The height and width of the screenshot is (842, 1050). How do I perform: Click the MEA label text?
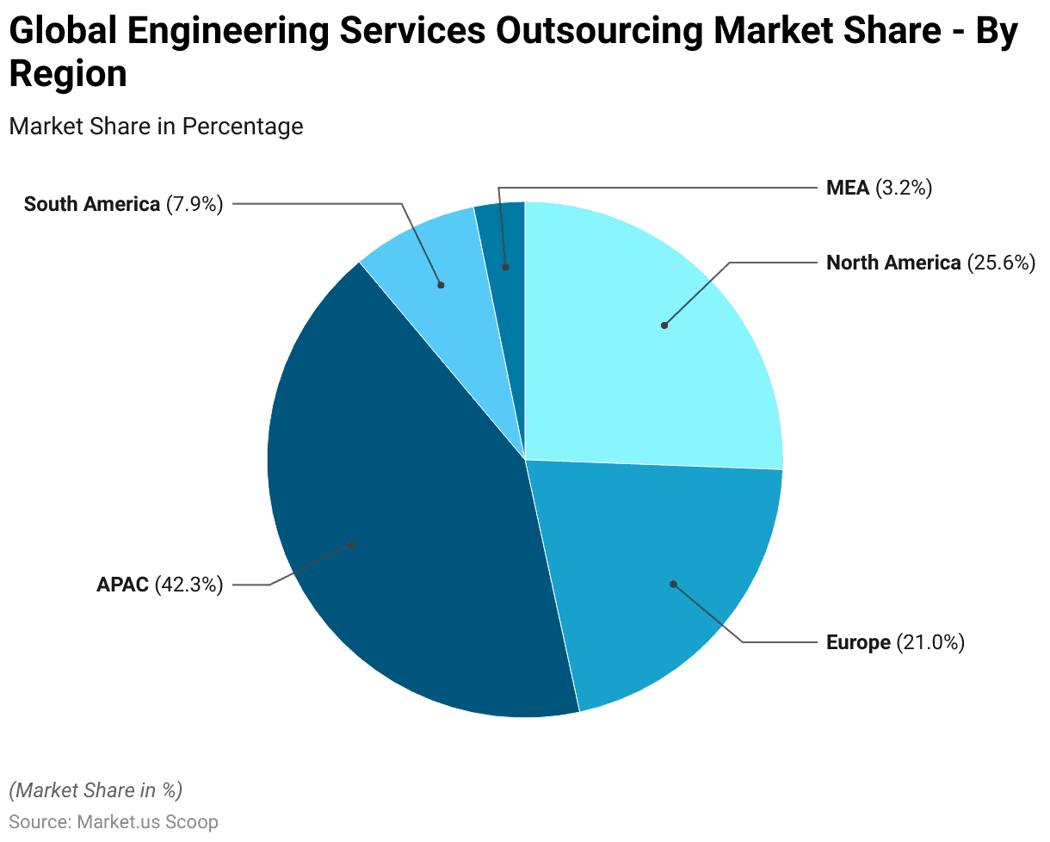848,188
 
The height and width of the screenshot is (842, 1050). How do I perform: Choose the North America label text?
893,263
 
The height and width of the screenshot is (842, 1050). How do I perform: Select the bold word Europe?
858,642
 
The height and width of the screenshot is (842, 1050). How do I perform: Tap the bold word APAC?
123,585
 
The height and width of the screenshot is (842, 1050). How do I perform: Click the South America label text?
92,204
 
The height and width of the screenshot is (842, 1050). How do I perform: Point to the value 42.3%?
189,585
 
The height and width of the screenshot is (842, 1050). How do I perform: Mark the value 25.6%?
1001,263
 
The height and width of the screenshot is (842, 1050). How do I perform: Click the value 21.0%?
930,642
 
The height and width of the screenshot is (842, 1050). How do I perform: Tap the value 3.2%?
904,188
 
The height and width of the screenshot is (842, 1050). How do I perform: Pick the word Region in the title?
68,75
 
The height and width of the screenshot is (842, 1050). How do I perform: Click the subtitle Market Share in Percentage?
156,126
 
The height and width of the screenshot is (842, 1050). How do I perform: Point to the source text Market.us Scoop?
147,821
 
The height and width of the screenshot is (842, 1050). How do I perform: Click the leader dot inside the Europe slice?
673,584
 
